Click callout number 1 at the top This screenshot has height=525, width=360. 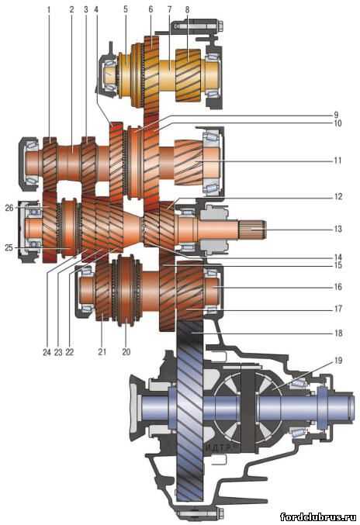point(49,10)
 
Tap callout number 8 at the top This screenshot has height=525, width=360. point(187,10)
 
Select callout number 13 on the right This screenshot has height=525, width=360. point(338,229)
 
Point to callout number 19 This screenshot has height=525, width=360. point(338,361)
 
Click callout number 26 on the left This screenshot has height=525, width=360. point(9,208)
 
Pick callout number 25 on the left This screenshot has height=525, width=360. point(9,248)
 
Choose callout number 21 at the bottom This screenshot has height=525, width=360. point(102,351)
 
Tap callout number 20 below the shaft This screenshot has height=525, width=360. point(126,351)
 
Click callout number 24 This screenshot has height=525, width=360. point(47,352)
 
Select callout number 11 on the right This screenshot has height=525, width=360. point(338,161)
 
